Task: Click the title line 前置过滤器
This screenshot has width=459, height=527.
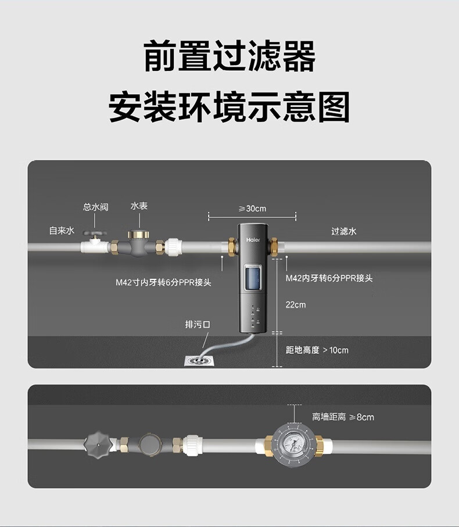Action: tap(229, 57)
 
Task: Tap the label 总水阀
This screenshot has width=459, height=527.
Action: tap(95, 207)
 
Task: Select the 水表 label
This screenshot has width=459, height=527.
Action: tap(139, 206)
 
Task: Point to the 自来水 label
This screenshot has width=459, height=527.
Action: tap(62, 231)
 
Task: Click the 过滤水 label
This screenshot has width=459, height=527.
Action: tap(344, 231)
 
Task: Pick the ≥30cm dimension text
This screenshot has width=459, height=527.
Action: tap(252, 209)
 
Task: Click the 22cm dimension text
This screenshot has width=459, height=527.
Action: tap(296, 304)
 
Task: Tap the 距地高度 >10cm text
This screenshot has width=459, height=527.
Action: tap(317, 350)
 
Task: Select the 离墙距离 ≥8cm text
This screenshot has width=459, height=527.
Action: tap(343, 417)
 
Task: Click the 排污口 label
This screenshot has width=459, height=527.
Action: tap(197, 324)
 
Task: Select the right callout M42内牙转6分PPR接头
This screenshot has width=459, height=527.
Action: tap(329, 278)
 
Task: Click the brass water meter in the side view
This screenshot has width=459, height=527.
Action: tap(139, 244)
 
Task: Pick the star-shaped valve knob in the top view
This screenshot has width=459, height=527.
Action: tap(98, 444)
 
